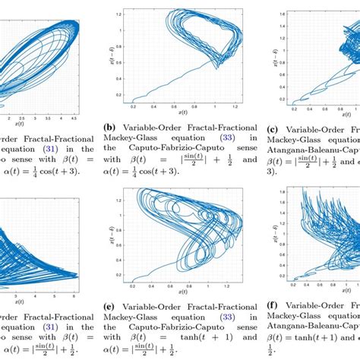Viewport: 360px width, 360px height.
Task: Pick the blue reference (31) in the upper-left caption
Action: click(46, 150)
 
